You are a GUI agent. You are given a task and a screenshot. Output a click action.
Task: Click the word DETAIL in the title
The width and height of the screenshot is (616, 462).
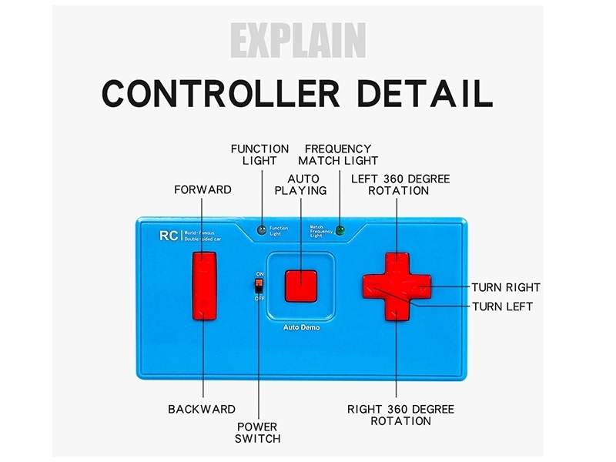(x=422, y=92)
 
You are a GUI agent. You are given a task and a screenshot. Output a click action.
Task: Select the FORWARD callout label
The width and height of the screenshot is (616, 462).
(x=203, y=189)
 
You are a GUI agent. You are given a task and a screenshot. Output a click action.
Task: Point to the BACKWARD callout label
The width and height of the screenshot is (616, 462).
(x=202, y=409)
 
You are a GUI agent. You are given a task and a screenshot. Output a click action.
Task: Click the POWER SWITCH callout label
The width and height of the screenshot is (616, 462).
(x=257, y=432)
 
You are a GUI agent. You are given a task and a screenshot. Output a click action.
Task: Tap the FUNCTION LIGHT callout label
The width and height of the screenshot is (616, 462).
(x=259, y=155)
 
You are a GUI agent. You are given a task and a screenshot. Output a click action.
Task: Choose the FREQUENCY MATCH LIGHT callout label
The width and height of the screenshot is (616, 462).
(x=338, y=155)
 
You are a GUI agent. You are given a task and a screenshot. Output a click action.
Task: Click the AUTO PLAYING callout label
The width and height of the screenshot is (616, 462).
(x=301, y=184)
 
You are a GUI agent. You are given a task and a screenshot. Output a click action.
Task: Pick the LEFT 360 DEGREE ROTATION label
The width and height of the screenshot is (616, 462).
(x=400, y=184)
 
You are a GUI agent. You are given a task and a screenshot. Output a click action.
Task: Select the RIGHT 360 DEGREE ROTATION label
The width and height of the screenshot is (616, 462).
(x=400, y=415)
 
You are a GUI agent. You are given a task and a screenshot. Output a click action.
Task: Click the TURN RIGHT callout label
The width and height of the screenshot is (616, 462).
(x=506, y=287)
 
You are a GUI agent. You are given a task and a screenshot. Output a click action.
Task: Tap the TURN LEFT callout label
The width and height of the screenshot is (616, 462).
(x=502, y=306)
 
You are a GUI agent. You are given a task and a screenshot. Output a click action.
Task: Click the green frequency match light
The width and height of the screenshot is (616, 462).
(x=339, y=230)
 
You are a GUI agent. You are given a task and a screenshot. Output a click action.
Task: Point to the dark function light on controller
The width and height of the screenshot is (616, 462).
(x=262, y=230)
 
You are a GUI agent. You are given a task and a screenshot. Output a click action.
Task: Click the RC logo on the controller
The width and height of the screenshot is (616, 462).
(x=167, y=236)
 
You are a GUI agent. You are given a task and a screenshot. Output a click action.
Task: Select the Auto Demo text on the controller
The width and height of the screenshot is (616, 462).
(x=301, y=327)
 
